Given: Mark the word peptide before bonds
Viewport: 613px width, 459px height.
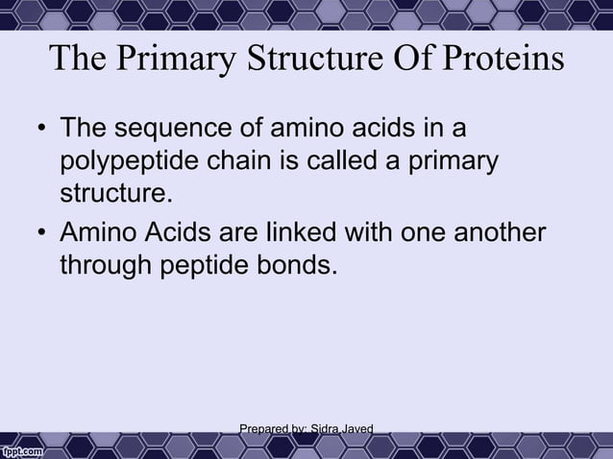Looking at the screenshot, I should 208,265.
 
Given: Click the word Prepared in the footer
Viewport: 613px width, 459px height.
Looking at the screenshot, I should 261,428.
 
